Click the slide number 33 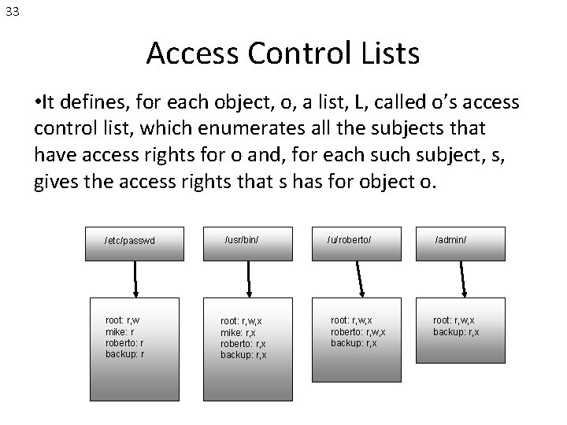coord(13,12)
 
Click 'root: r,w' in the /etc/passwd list coord(123,320)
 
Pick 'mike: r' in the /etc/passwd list coord(120,331)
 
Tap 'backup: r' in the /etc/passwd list coord(124,353)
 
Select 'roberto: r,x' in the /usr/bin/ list coord(243,344)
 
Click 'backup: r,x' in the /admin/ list coord(456,331)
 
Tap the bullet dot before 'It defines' coord(39,102)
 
